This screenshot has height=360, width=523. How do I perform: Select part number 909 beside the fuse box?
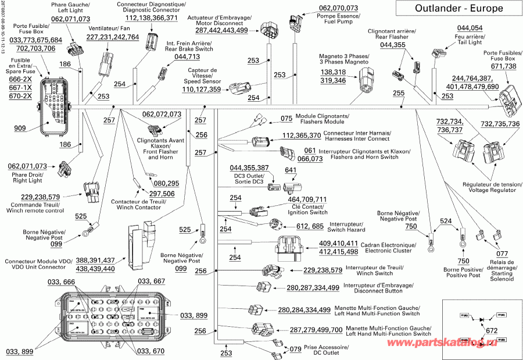[19, 128]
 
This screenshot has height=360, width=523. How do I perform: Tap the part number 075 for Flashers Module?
[286, 119]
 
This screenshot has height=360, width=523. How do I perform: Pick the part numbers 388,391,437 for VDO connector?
[95, 260]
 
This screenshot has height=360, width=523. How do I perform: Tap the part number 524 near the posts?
[445, 221]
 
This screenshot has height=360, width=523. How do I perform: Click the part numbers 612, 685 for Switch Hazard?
[310, 226]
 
